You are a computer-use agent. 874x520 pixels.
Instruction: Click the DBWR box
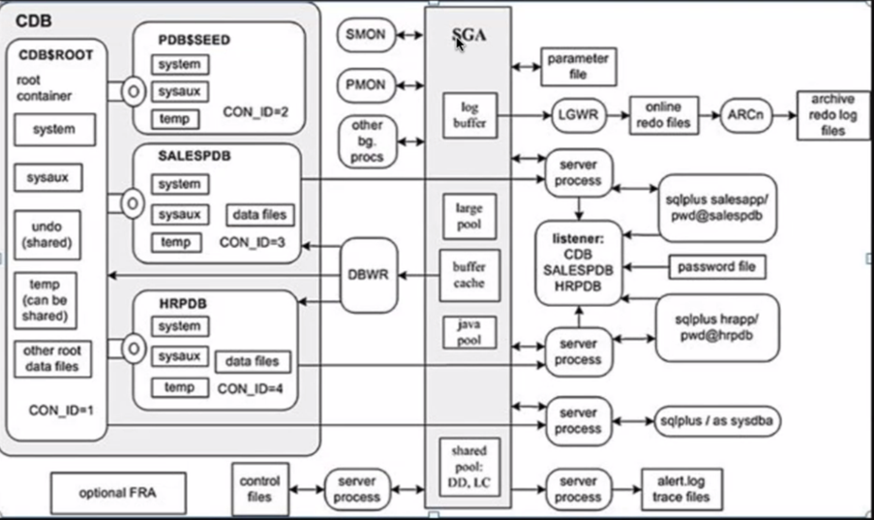click(369, 275)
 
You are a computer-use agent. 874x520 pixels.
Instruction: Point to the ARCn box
click(746, 114)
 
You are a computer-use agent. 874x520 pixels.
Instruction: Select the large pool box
click(469, 215)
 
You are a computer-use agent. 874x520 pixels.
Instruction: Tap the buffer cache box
click(469, 275)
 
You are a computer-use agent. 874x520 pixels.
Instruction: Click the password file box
click(717, 266)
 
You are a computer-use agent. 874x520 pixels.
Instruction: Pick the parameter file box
click(578, 66)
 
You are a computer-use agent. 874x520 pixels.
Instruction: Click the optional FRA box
click(117, 493)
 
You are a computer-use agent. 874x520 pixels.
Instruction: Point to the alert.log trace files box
click(681, 488)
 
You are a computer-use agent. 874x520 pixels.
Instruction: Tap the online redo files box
click(663, 115)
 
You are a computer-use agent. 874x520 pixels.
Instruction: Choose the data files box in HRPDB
click(252, 361)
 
